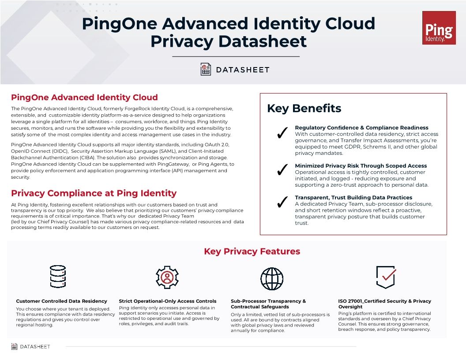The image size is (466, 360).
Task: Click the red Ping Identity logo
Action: coord(439,28)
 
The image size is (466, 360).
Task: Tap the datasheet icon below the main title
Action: coord(206,69)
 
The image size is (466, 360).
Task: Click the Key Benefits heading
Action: coord(304,109)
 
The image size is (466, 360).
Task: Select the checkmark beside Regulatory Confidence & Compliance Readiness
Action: coord(282,133)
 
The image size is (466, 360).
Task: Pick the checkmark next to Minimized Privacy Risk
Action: coord(282,170)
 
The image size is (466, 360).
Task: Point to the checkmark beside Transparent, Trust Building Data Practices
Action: coord(282,202)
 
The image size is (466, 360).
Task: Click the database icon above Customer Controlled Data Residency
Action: coord(58,277)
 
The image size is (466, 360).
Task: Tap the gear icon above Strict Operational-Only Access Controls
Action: coord(167,277)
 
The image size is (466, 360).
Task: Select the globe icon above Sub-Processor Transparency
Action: coord(272,278)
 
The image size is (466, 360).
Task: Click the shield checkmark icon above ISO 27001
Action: coord(385,277)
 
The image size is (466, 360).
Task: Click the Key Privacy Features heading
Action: coord(252,251)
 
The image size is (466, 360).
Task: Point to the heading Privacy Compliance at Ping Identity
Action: coord(94,193)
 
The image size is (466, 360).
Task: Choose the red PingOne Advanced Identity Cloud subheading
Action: coord(84,97)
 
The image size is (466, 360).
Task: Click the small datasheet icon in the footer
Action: coord(15,346)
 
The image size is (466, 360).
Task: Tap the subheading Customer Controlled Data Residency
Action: coord(61,301)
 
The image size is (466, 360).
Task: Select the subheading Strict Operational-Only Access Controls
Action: coord(168,301)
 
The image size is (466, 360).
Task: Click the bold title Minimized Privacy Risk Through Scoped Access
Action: coord(361,166)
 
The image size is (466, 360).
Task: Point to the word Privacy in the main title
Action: coord(181,41)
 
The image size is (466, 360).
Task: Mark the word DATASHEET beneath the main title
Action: coord(242,70)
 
